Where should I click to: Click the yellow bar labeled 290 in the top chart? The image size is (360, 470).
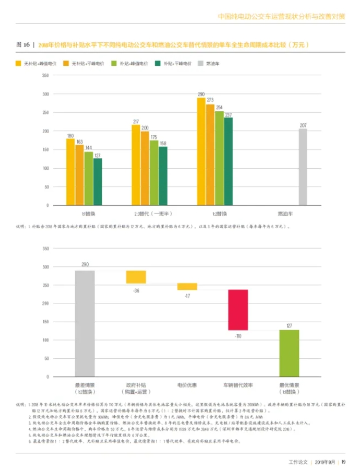coord(201,151)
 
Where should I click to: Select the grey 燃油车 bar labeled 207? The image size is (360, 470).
coord(303,167)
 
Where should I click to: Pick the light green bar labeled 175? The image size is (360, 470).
coord(154,172)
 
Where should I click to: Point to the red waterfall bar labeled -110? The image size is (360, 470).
coord(237,310)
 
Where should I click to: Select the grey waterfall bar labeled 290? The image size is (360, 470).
coord(85,323)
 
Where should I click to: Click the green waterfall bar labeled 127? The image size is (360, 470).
coord(289,352)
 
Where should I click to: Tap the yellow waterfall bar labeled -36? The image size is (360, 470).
coord(136,277)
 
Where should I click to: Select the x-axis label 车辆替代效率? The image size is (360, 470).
coord(237,385)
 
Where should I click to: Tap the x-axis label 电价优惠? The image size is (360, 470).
coord(187,385)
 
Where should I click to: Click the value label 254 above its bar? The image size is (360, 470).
coord(219,108)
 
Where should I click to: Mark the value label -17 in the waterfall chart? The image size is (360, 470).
coord(187,295)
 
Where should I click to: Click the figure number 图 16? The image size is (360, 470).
coord(23,45)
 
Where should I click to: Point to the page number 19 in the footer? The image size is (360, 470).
coord(343,462)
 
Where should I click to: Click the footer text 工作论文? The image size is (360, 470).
coord(298,462)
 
